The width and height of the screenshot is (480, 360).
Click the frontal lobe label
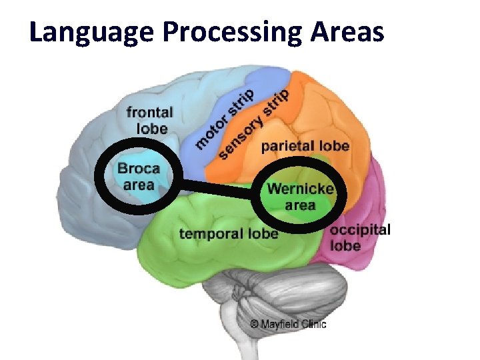pos(150,120)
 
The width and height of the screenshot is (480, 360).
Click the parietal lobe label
pos(305,146)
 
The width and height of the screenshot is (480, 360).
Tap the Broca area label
pos(139,176)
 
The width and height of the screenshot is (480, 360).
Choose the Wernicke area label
pos(300,196)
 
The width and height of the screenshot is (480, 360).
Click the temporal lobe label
pos(229,233)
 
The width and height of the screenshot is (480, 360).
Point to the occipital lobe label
pos(360,237)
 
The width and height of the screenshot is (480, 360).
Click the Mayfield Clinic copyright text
pos(288,325)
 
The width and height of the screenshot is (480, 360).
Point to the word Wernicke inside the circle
pos(300,189)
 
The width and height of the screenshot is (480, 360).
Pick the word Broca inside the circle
pos(139,169)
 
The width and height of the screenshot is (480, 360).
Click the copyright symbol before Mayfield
pos(254,325)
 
